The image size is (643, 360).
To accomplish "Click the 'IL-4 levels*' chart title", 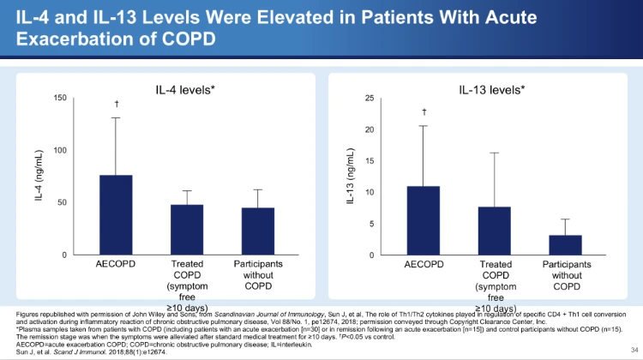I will pyautogui.click(x=186, y=88).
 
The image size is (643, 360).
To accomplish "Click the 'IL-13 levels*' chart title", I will pyautogui.click(x=493, y=88).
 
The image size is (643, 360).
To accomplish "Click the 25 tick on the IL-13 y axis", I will pyautogui.click(x=370, y=98).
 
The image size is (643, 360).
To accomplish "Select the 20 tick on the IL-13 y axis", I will pyautogui.click(x=370, y=129).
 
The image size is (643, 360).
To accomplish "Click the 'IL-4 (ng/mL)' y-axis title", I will pyautogui.click(x=39, y=177).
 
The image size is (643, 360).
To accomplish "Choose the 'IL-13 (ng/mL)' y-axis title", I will pyautogui.click(x=350, y=177).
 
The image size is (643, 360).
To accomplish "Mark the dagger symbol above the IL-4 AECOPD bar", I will pyautogui.click(x=116, y=104).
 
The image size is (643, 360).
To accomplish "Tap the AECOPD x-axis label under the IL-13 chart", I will pyautogui.click(x=424, y=265).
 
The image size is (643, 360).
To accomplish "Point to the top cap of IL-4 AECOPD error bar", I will pyautogui.click(x=116, y=117).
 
